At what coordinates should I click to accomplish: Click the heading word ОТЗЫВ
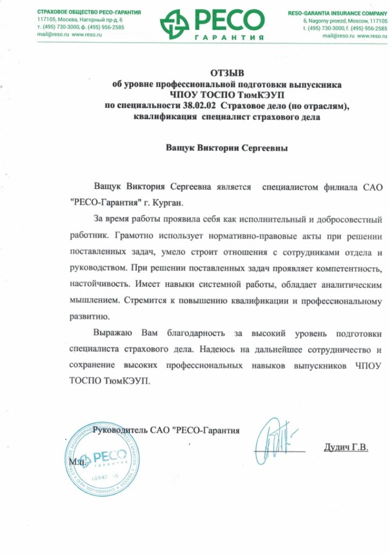[225, 73]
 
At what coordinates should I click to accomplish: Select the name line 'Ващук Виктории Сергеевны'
[226, 147]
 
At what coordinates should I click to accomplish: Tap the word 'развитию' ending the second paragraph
[90, 315]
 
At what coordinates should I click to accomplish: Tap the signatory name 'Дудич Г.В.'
[345, 448]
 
